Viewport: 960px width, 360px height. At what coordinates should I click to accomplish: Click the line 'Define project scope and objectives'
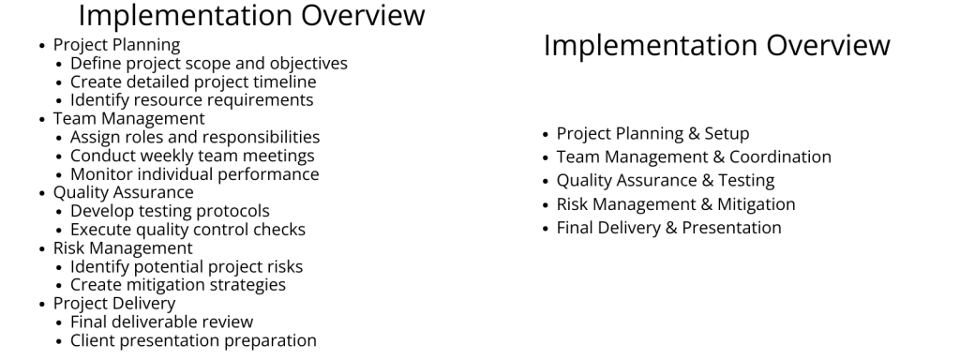208,64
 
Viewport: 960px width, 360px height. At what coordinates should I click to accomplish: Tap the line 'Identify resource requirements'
191,100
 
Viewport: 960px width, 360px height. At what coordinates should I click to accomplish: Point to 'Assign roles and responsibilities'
194,137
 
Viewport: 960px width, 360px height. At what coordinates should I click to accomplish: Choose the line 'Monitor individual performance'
194,174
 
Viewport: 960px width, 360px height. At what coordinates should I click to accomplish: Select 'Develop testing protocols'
170,211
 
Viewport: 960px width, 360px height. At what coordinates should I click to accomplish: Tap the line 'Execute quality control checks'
187,230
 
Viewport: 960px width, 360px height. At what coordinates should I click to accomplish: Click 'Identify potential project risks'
187,266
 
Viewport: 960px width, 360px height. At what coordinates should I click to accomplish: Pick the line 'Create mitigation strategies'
178,285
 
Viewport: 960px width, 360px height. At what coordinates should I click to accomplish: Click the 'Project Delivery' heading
114,304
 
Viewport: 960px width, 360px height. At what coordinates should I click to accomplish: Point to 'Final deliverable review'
161,322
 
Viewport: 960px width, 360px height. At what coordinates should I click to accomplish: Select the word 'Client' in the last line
94,341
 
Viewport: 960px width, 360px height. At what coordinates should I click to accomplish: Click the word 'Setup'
726,134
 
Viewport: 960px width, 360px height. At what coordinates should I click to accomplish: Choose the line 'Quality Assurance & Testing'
665,181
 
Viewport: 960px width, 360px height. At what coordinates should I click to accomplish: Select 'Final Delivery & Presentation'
668,228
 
